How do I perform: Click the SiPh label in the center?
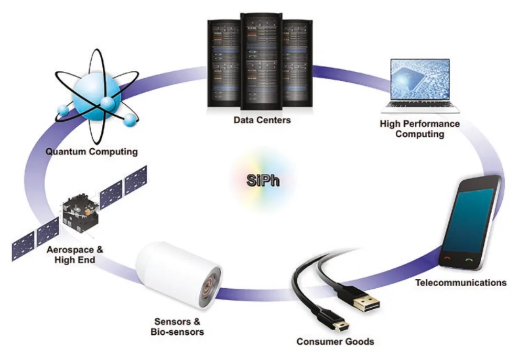click(x=263, y=180)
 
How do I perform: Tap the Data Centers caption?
click(x=262, y=120)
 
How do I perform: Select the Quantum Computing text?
click(x=92, y=152)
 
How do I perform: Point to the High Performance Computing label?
click(x=419, y=129)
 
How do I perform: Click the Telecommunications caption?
click(x=461, y=283)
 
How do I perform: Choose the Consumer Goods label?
click(x=336, y=342)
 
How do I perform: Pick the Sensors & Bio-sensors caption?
click(x=177, y=326)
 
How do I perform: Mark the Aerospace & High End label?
click(x=75, y=255)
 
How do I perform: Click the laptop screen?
click(x=420, y=79)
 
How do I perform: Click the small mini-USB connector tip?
click(x=340, y=326)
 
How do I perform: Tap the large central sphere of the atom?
click(x=96, y=96)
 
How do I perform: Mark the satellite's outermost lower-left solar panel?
click(x=23, y=246)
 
